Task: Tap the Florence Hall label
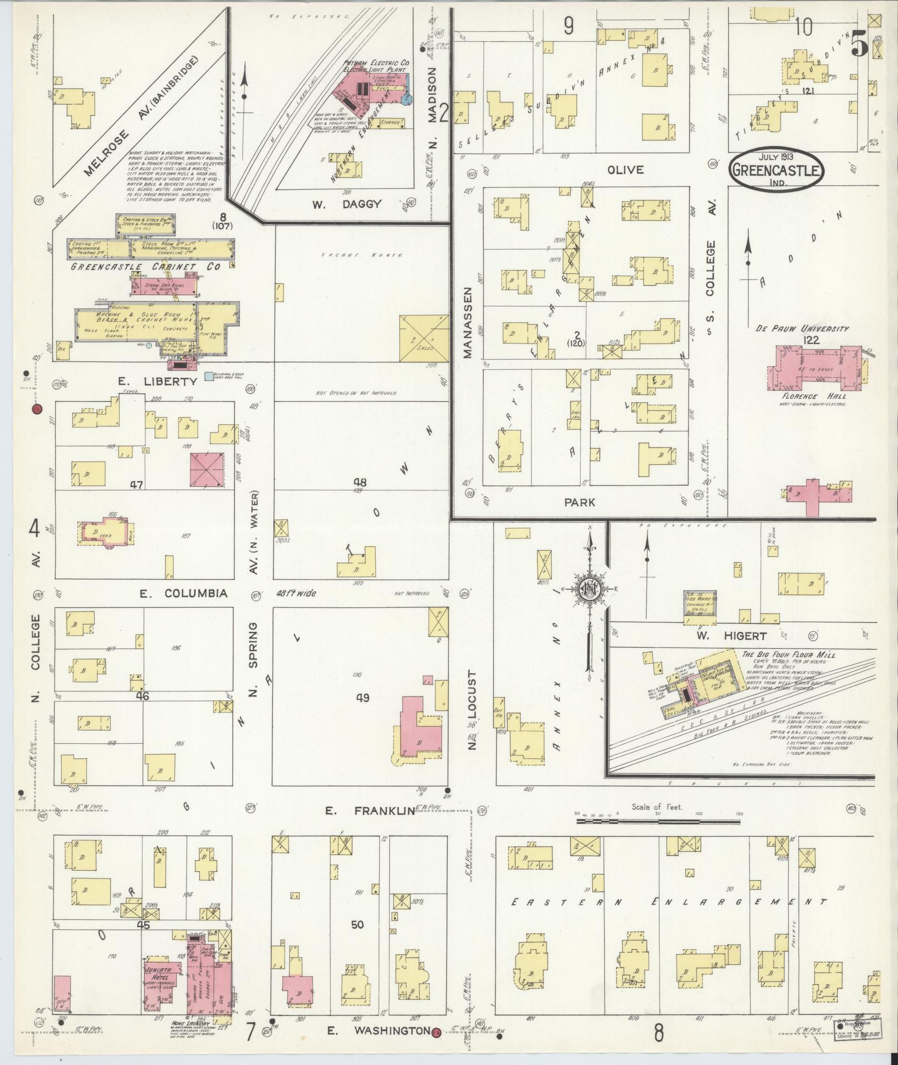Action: tap(809, 396)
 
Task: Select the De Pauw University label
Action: tap(802, 328)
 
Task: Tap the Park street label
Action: tap(580, 502)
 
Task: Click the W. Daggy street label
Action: tap(346, 204)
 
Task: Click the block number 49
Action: tap(362, 698)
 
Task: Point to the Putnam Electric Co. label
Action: tap(377, 64)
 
